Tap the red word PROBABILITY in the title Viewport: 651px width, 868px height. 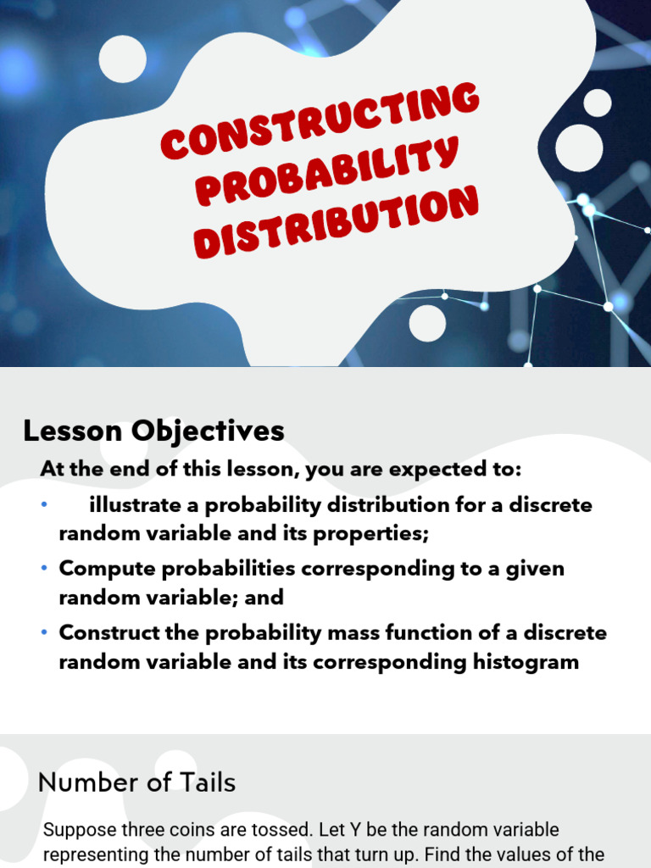click(327, 170)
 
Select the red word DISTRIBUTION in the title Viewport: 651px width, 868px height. click(336, 222)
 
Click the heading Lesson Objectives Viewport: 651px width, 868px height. click(154, 431)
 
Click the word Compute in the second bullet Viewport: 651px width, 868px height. click(108, 570)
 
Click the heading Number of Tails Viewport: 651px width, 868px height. click(136, 782)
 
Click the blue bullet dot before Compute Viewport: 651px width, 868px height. click(44, 569)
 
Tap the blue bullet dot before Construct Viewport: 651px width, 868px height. click(44, 632)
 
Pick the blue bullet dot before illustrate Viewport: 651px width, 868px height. click(44, 504)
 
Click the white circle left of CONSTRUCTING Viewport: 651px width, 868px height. click(123, 58)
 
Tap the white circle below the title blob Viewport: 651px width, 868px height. click(427, 323)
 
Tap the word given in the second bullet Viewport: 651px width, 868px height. click(535, 570)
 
